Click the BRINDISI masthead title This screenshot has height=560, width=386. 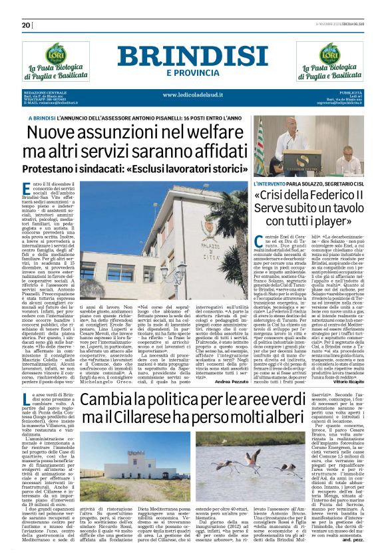click(x=192, y=56)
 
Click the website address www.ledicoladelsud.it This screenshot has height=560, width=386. click(x=192, y=94)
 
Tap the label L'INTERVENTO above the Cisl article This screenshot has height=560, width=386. click(x=272, y=182)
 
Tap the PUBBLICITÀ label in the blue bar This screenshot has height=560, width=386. click(x=349, y=91)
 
